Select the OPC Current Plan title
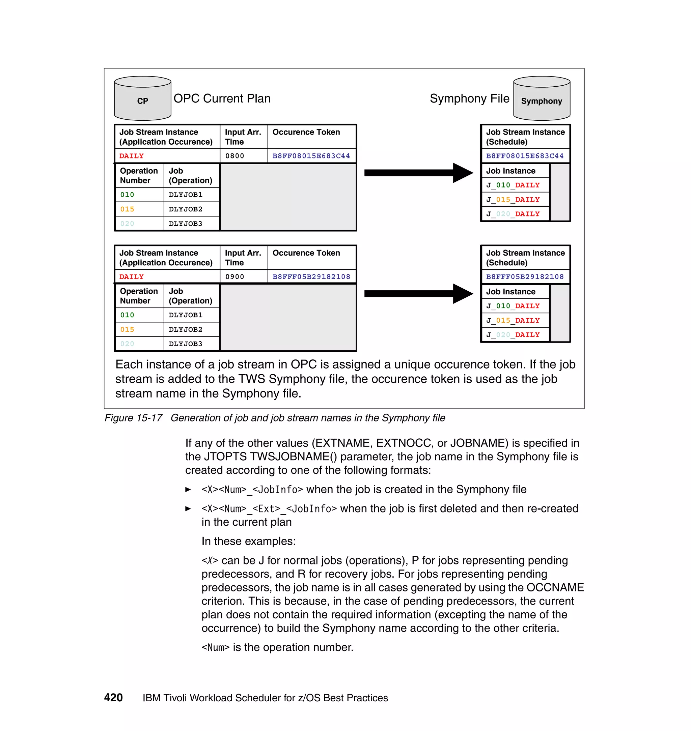[222, 99]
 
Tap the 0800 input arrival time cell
[235, 156]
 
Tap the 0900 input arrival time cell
[235, 276]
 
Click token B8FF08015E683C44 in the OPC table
[311, 156]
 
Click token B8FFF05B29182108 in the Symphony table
[525, 276]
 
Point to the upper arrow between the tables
[418, 173]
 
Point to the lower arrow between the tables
[418, 293]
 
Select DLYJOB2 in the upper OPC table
[185, 209]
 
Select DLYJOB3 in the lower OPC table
[185, 344]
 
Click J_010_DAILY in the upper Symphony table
[513, 185]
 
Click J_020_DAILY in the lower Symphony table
[513, 334]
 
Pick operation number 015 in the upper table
[127, 209]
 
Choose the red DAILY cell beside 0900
[132, 276]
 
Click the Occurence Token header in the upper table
[306, 132]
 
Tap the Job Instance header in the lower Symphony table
[510, 292]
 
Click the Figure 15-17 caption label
[133, 418]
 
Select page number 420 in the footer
[113, 698]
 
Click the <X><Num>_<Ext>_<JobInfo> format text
[269, 509]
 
